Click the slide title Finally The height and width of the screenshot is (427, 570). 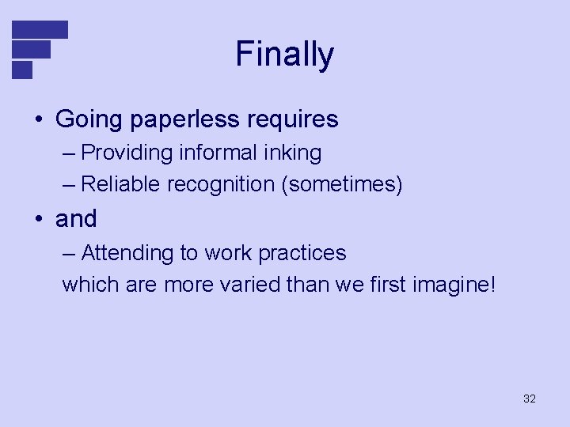tap(285, 55)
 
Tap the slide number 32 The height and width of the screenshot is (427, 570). tap(530, 399)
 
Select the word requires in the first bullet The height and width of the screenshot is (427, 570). tap(293, 119)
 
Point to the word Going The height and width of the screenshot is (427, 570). tap(87, 119)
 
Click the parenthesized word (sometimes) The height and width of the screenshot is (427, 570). tap(340, 185)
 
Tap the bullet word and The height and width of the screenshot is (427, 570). tap(76, 218)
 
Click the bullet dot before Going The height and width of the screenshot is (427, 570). tap(38, 120)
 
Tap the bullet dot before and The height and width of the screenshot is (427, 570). tap(38, 219)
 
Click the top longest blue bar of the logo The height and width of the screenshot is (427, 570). tap(40, 29)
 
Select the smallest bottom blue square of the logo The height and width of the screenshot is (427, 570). tap(22, 70)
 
